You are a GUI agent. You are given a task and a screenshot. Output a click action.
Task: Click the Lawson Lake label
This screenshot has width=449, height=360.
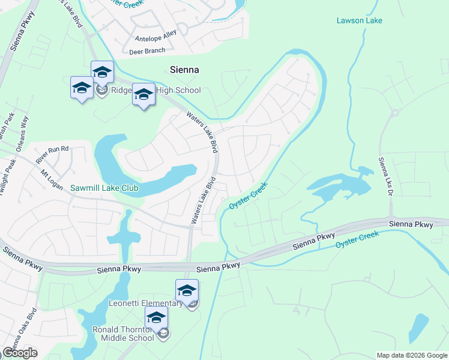359,20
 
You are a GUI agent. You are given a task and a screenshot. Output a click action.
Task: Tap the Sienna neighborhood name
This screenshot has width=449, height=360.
184,70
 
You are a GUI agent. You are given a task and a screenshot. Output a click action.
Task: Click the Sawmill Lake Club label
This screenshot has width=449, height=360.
104,188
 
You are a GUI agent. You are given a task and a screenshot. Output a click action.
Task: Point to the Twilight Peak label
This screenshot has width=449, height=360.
8,176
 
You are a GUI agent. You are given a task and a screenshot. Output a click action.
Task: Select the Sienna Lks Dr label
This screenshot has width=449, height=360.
385,177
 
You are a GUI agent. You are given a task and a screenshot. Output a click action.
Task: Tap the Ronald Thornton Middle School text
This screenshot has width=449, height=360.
123,334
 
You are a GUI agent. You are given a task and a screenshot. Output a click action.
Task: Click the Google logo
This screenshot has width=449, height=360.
20,353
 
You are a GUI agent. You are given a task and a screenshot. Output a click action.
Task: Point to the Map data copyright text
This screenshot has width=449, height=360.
411,355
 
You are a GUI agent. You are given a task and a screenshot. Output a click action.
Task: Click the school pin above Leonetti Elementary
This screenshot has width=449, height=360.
187,291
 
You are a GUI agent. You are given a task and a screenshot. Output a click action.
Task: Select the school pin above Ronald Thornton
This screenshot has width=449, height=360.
156,318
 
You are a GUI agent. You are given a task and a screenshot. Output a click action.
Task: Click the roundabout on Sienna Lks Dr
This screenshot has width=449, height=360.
394,112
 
